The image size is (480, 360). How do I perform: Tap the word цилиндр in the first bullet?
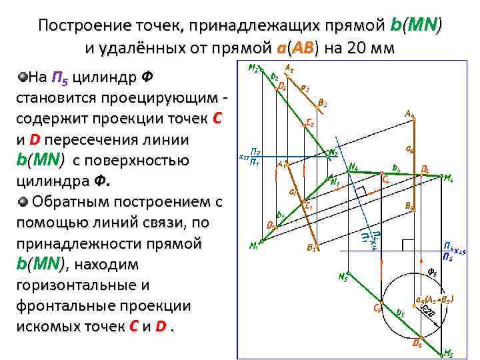104,78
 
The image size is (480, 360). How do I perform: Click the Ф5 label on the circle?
431,271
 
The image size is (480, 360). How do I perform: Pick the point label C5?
377,309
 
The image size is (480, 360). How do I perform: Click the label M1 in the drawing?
253,245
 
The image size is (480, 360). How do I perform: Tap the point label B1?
311,247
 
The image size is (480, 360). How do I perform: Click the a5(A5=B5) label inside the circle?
434,299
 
